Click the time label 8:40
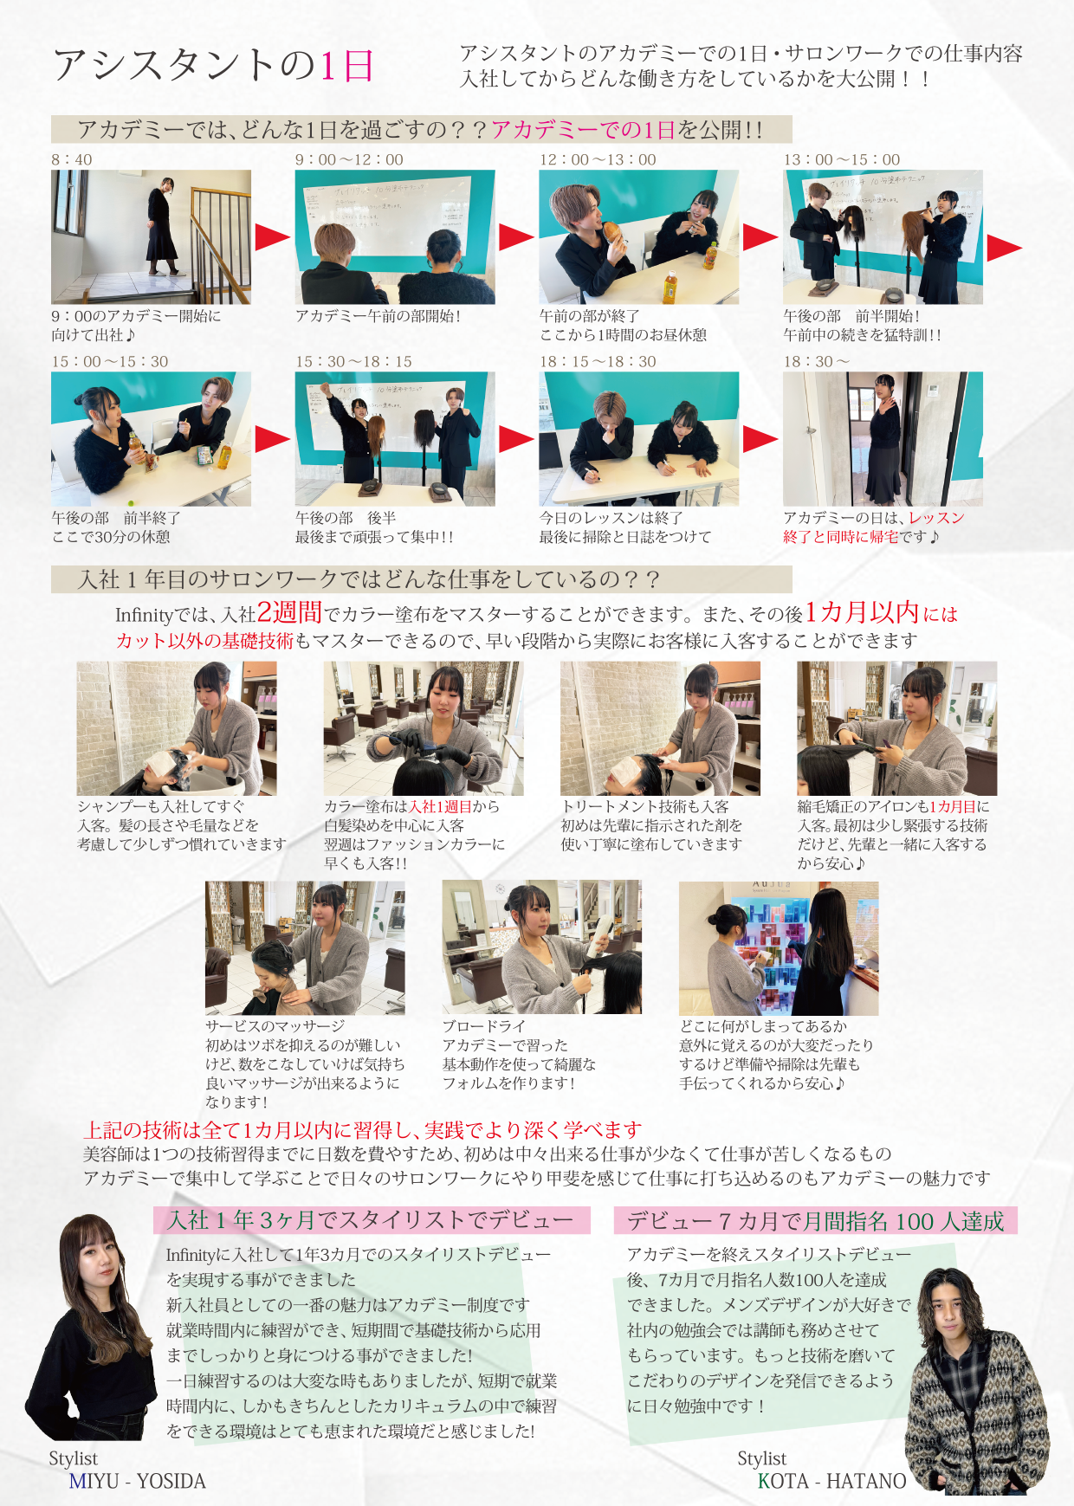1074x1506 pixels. coord(71,159)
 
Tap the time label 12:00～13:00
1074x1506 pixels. coord(598,159)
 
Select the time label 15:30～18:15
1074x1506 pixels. coord(353,361)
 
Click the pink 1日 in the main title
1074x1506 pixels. coord(346,66)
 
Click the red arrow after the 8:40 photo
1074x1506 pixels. coord(272,236)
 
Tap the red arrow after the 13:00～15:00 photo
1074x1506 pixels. coord(1005,247)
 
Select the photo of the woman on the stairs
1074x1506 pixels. coord(151,236)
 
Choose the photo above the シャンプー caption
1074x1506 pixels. coord(177,728)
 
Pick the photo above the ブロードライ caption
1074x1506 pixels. coord(542,947)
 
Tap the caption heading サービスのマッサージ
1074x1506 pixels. coord(275,1026)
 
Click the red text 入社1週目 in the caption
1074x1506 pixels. coord(441,806)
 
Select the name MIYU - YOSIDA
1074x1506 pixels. coord(138,1481)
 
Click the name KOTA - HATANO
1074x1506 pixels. coord(832,1481)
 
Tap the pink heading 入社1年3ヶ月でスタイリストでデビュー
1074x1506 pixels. coord(371,1220)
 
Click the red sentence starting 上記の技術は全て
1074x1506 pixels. coord(363,1129)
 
